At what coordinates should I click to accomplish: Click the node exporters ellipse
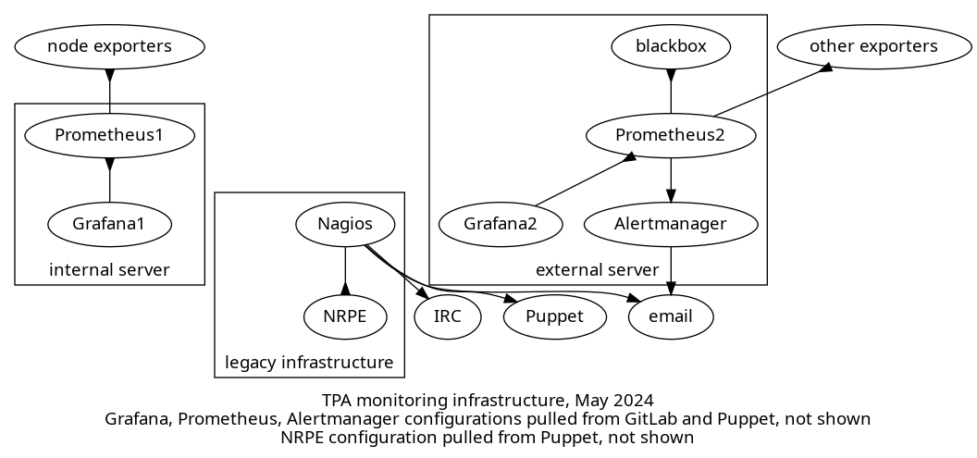tap(109, 46)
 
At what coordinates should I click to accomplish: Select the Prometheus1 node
tap(109, 135)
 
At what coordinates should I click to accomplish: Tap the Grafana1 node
tap(109, 224)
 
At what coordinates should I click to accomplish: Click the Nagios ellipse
tap(345, 224)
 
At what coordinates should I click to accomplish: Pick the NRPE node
tap(345, 316)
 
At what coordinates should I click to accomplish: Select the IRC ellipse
tap(447, 316)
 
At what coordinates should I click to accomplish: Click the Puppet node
tap(554, 316)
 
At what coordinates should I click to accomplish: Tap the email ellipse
tap(672, 316)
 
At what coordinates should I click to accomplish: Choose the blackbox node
tap(671, 46)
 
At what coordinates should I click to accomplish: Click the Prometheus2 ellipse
tap(671, 135)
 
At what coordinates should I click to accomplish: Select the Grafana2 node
tap(500, 224)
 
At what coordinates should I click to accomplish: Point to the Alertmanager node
tap(671, 224)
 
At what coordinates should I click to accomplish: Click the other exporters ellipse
tap(873, 46)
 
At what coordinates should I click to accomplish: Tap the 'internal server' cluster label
tap(109, 270)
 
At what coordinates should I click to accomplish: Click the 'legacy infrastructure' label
tap(309, 363)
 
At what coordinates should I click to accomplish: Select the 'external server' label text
tap(597, 270)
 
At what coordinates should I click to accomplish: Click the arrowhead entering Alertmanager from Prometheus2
tap(671, 194)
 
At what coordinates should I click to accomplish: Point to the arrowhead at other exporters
tap(825, 68)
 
